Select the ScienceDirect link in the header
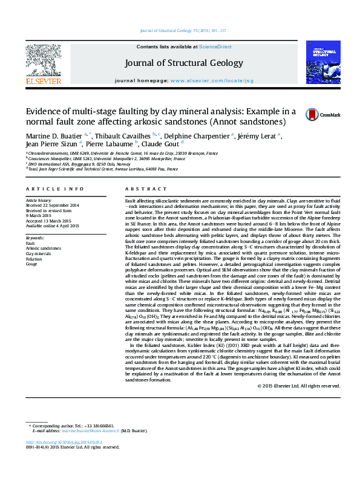(215, 47)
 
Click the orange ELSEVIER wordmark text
(43, 81)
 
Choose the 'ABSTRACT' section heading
(140, 189)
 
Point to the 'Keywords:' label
(35, 238)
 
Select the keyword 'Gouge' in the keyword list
(31, 264)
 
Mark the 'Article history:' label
(39, 200)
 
